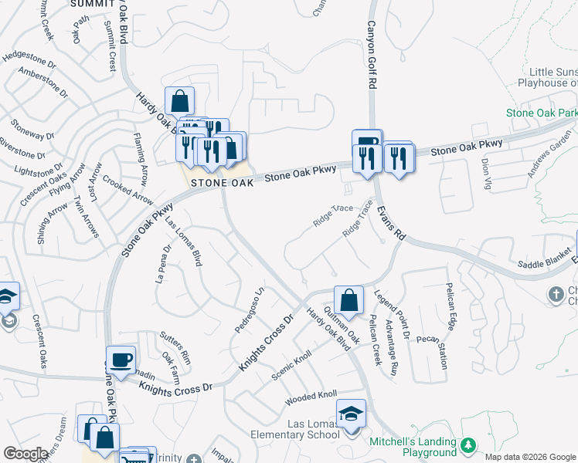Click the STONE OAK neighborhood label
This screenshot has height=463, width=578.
click(x=223, y=183)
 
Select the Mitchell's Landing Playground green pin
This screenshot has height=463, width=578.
click(x=467, y=446)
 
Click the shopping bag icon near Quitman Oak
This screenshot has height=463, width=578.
click(x=349, y=299)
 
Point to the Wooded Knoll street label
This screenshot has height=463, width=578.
click(x=311, y=396)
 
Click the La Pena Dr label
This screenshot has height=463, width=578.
click(x=161, y=265)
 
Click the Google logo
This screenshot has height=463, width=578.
click(x=25, y=454)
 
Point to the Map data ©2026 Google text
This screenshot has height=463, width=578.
click(x=530, y=457)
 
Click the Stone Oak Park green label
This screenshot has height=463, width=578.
click(x=542, y=113)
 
